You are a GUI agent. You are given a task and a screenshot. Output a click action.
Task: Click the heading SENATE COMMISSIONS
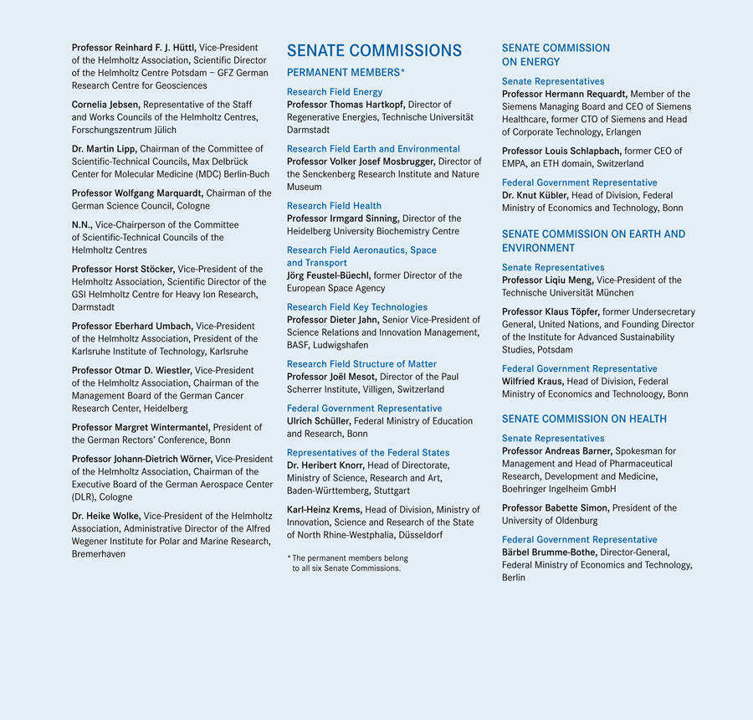[374, 51]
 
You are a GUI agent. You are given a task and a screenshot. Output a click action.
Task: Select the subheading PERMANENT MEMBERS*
[346, 73]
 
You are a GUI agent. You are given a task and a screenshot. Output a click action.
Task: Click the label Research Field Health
[334, 205]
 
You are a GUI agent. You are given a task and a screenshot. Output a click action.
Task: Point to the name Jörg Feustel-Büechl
[329, 275]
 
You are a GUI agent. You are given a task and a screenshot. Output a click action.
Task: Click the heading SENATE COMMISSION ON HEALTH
[584, 419]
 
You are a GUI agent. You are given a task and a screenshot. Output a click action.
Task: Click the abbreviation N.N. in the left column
[83, 224]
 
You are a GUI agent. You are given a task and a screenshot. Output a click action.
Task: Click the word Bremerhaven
[99, 554]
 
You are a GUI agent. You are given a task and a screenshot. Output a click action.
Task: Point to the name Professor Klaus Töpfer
[551, 312]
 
